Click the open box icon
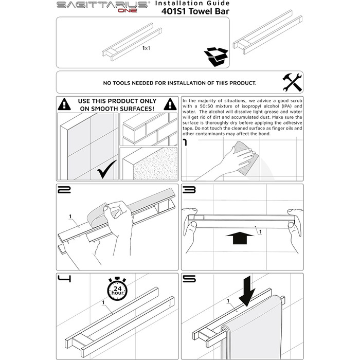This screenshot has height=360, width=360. (216, 57)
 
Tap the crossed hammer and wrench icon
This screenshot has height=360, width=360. (292, 82)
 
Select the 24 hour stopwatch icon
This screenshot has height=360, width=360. (117, 289)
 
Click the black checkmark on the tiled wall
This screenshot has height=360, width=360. (107, 169)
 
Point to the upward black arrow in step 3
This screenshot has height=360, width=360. (240, 238)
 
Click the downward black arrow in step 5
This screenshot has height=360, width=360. (247, 291)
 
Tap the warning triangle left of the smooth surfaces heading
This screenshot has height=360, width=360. (64, 104)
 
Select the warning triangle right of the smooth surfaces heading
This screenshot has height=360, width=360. (170, 104)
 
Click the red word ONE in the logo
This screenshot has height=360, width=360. (128, 10)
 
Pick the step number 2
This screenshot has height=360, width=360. (64, 190)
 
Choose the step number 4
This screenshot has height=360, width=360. (64, 279)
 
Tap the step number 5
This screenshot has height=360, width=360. (189, 279)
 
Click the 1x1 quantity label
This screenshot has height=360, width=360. (146, 48)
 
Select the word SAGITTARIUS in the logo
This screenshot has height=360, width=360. (102, 5)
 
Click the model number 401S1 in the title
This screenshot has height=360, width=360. (174, 11)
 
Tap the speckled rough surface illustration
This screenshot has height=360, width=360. (148, 164)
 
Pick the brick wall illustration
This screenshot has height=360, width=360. (148, 129)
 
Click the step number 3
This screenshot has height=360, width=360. (189, 190)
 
